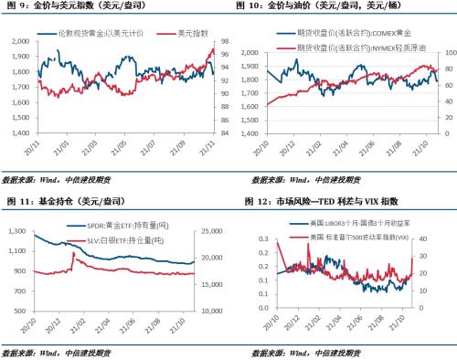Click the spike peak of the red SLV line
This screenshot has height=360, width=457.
pos(73,253)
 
